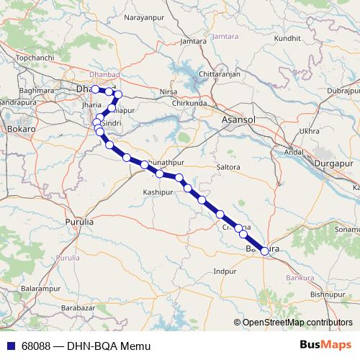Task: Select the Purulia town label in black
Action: (x=79, y=222)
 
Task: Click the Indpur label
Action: (x=225, y=271)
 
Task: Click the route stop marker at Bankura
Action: (x=264, y=251)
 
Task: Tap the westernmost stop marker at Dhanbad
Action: (x=95, y=89)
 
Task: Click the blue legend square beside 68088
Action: (x=11, y=346)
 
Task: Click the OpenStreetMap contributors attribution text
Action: (x=297, y=323)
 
